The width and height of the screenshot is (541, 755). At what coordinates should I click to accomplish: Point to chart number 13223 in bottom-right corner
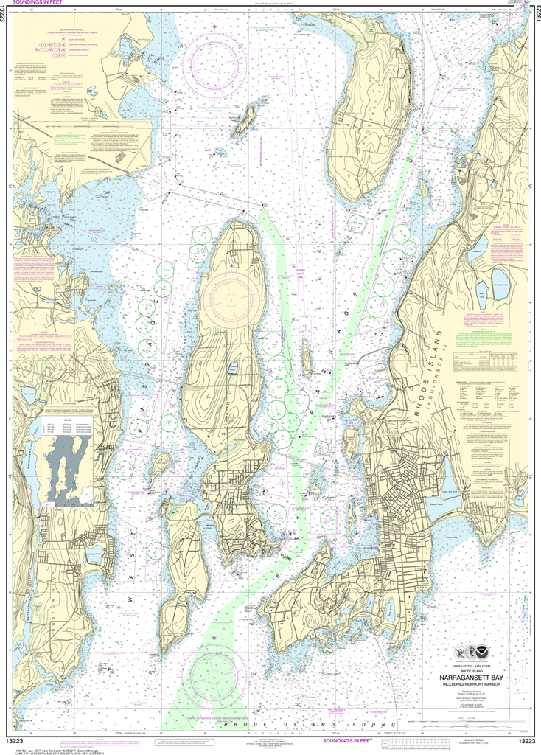(526, 741)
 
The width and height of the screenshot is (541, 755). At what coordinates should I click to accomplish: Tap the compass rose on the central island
(230, 298)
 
